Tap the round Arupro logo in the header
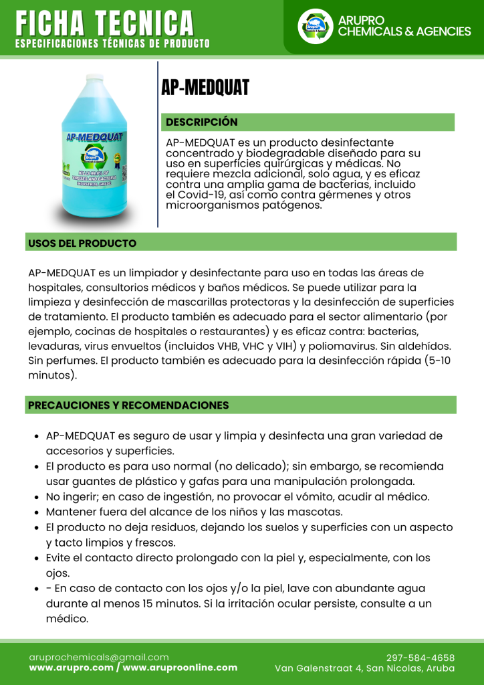pos(315,27)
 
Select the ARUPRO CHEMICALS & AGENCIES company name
pos(404,26)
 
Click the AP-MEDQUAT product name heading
pos(205,87)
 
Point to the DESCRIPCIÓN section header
pos(202,122)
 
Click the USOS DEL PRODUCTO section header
pos(82,243)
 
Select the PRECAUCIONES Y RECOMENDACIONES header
pos(128,405)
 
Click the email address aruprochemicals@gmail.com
pos(99,658)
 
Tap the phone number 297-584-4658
pos(420,658)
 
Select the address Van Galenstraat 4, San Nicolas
pos(364,668)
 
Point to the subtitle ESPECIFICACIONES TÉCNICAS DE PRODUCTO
pos(112,44)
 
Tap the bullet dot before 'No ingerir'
pos(36,497)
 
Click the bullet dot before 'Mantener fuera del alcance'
pos(36,512)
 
